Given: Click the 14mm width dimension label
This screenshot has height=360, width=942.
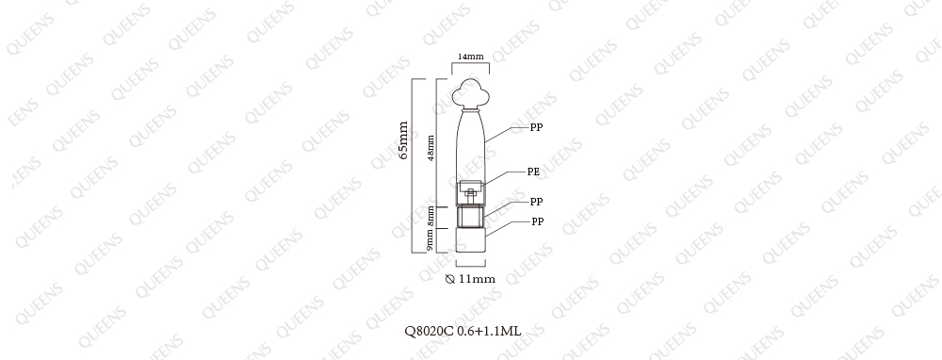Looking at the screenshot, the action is pyautogui.click(x=470, y=57).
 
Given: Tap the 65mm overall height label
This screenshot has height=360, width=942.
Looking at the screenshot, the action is pyautogui.click(x=403, y=140).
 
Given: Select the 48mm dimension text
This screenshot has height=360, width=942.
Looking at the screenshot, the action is pyautogui.click(x=430, y=148).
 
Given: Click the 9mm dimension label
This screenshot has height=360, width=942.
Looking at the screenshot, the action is pyautogui.click(x=430, y=239).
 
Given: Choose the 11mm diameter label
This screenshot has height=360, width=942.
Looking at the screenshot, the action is pyautogui.click(x=477, y=279).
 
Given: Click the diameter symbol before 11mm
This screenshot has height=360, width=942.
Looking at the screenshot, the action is pyautogui.click(x=450, y=279).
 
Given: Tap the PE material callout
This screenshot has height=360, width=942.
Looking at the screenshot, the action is pyautogui.click(x=533, y=172).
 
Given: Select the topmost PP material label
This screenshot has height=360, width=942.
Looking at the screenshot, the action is pyautogui.click(x=536, y=127).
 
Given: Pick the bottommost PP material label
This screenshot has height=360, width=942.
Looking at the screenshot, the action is pyautogui.click(x=537, y=221).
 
